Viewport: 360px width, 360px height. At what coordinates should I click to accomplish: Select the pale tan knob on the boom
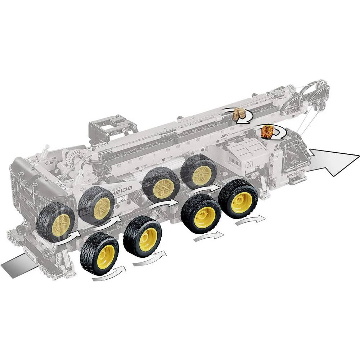tap(238, 114)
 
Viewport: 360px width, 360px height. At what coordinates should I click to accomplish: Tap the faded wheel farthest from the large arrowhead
tap(55, 222)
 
